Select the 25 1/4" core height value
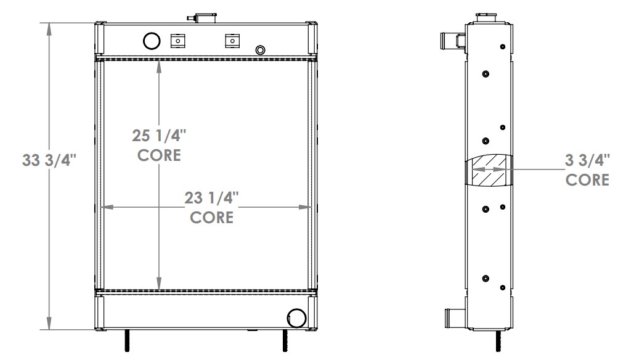[159, 134]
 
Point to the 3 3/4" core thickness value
[587, 160]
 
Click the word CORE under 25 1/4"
[159, 155]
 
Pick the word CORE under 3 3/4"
[587, 180]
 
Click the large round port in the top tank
[151, 41]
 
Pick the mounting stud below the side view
[497, 341]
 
